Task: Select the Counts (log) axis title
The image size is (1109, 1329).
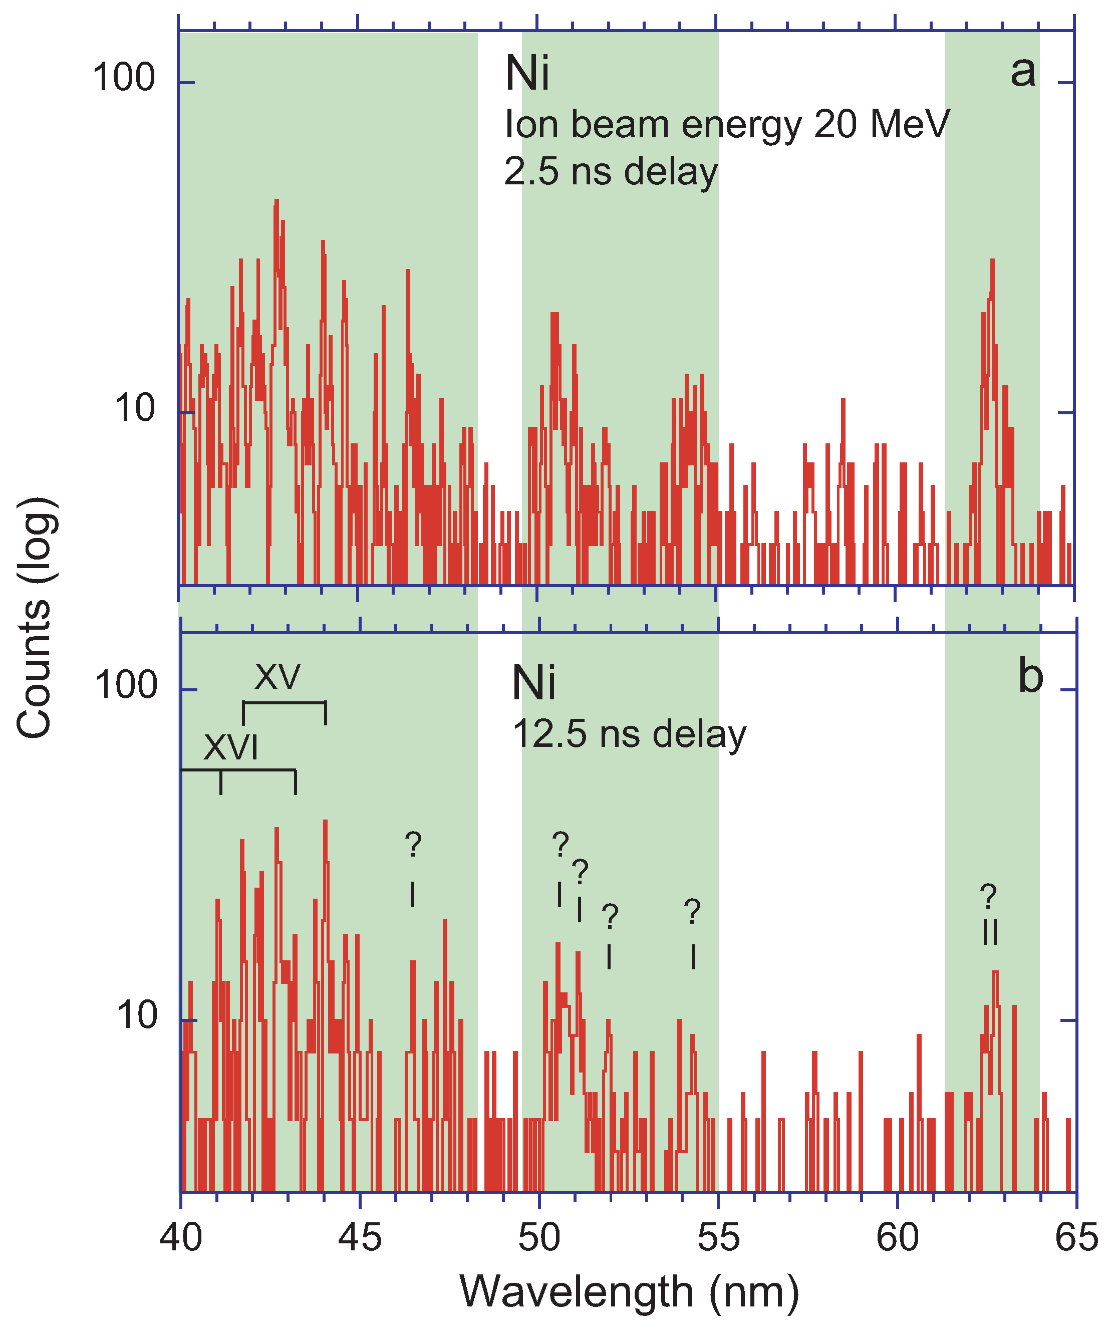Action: (35, 618)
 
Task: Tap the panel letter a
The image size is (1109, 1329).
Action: (1023, 71)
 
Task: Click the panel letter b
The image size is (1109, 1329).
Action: (1030, 677)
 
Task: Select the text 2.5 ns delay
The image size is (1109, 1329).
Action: (611, 172)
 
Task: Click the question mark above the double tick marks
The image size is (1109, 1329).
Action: (988, 897)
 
